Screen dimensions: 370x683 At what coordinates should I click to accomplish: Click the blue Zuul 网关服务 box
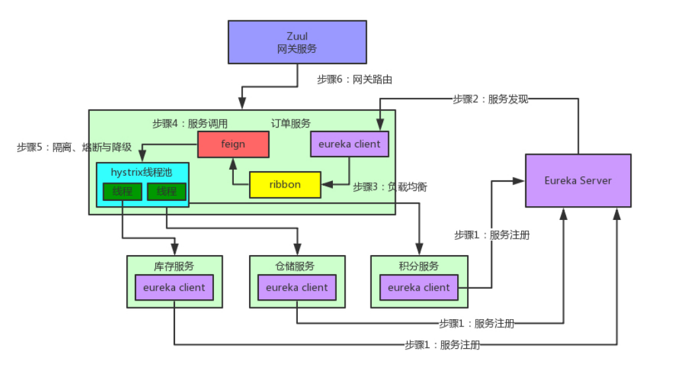coord(297,42)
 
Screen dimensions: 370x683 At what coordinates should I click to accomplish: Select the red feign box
coord(233,144)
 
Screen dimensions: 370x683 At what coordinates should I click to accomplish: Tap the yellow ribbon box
coord(285,184)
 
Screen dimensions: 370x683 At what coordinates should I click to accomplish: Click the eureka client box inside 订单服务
coord(349,144)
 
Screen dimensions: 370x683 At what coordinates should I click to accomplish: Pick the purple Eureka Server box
coord(578,180)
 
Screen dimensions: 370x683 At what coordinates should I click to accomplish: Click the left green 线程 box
coord(122,192)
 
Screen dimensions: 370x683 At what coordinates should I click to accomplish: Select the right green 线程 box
coord(166,192)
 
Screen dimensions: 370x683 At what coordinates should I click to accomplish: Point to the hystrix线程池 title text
coord(142,172)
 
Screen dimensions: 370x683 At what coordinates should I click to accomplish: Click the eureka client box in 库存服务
coord(174,287)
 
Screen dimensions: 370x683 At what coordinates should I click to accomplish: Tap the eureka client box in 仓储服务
coord(297,287)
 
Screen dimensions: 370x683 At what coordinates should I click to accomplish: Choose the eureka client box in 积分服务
coord(419,287)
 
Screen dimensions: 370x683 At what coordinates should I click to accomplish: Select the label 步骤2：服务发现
coord(491,99)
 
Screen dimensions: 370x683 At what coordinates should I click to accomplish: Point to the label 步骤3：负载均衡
coord(390,187)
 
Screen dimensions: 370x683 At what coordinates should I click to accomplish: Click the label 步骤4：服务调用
coord(190,124)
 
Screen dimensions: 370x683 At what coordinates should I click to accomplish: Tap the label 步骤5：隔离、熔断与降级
coord(74,147)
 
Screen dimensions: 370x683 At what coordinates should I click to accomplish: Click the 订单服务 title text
coord(291,124)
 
